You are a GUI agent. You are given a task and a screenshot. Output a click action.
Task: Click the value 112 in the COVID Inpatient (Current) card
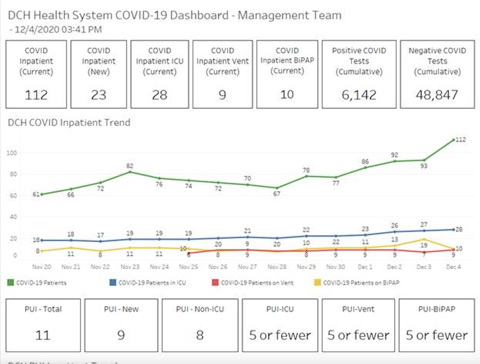pyautogui.click(x=36, y=95)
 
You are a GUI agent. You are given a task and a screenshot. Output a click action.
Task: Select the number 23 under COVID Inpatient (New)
pyautogui.click(x=99, y=95)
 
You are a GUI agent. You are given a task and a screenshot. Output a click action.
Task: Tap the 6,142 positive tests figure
pyautogui.click(x=359, y=95)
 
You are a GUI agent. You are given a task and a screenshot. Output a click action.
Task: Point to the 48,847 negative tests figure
pyautogui.click(x=437, y=95)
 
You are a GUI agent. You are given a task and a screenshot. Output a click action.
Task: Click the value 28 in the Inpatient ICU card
pyautogui.click(x=159, y=95)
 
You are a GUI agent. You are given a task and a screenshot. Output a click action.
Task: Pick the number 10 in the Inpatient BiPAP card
pyautogui.click(x=287, y=95)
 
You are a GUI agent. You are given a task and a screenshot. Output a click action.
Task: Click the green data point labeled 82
pyautogui.click(x=130, y=172)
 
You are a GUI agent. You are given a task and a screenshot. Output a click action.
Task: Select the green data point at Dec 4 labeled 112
pyautogui.click(x=454, y=140)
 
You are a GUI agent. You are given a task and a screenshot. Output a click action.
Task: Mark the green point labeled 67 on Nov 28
pyautogui.click(x=277, y=188)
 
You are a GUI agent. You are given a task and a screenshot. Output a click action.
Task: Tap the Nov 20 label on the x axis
pyautogui.click(x=42, y=267)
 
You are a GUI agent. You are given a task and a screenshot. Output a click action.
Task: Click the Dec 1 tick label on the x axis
pyautogui.click(x=365, y=267)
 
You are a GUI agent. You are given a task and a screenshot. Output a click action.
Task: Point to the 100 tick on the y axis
pyautogui.click(x=12, y=153)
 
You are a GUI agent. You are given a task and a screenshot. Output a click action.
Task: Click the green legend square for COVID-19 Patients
pyautogui.click(x=11, y=283)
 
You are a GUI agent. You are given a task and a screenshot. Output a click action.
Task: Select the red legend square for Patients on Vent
pyautogui.click(x=215, y=283)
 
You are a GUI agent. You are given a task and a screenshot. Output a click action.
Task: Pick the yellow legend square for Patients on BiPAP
pyautogui.click(x=318, y=283)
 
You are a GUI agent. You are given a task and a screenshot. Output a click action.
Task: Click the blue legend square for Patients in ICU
pyautogui.click(x=113, y=283)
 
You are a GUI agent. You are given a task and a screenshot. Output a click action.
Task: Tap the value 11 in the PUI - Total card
pyautogui.click(x=43, y=335)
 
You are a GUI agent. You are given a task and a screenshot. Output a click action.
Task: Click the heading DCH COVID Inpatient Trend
pyautogui.click(x=69, y=123)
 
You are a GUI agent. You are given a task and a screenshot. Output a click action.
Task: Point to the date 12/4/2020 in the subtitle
pyautogui.click(x=37, y=30)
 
